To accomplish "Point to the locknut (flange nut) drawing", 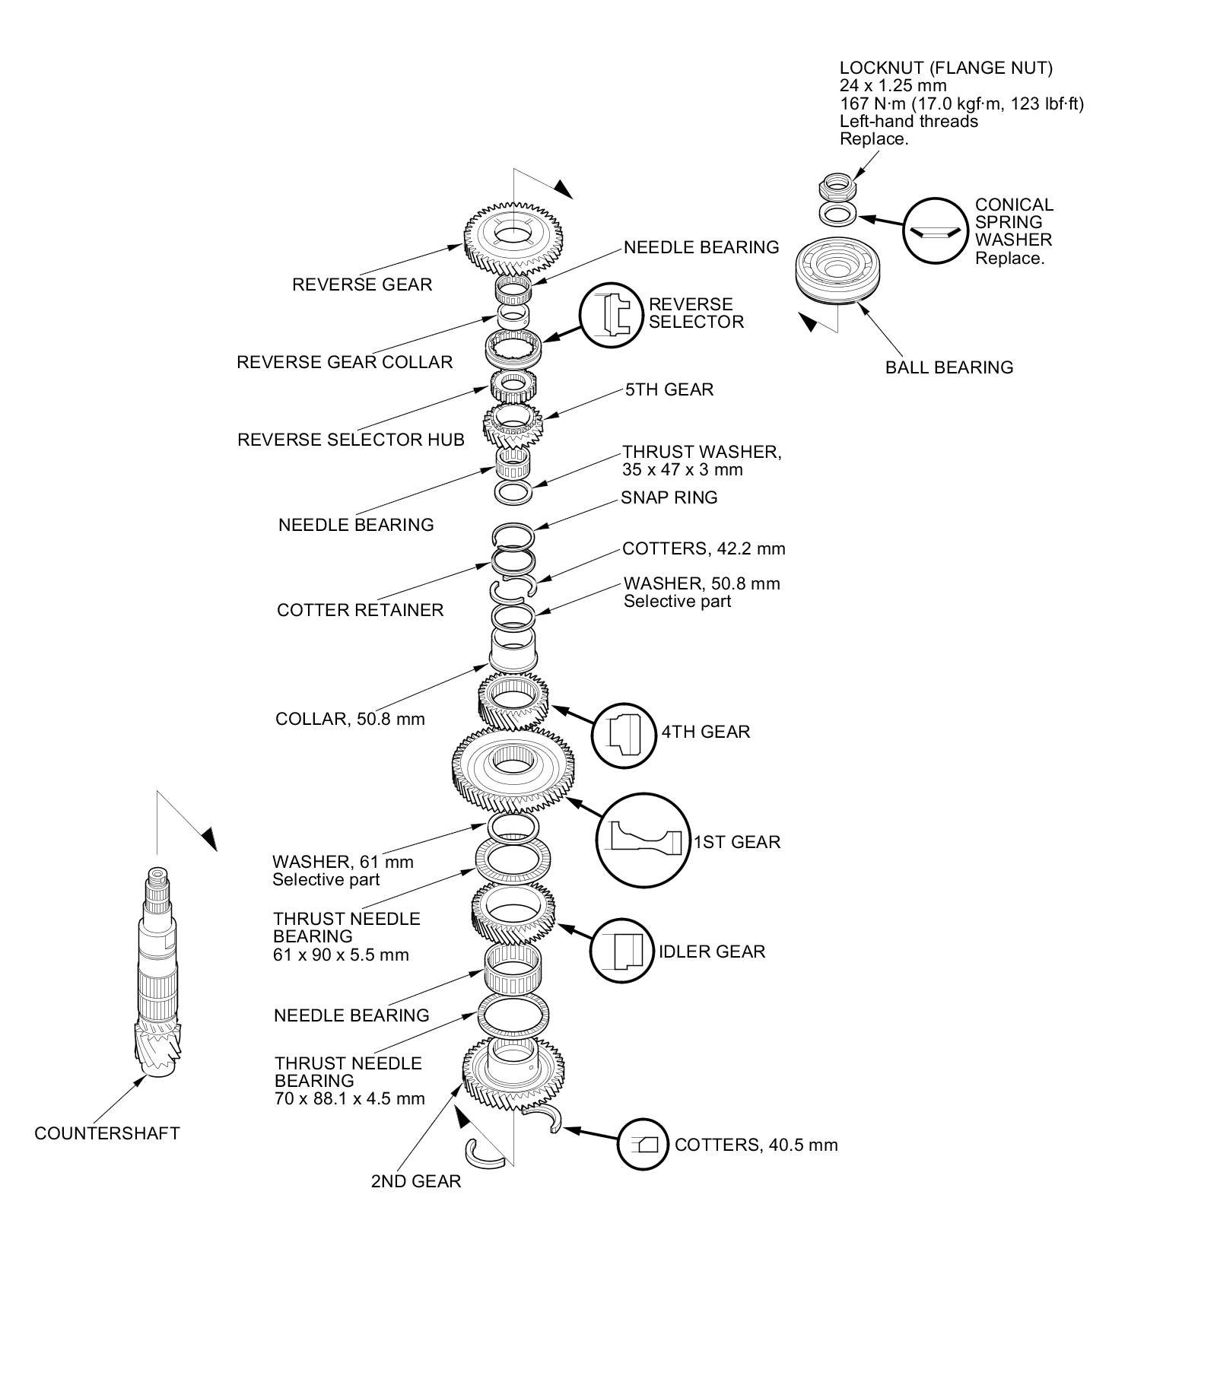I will (x=837, y=185).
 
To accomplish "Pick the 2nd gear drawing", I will (x=513, y=1072).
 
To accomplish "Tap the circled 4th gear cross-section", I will (x=624, y=735).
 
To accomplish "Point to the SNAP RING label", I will (x=669, y=497).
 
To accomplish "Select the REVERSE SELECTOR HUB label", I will (x=351, y=440).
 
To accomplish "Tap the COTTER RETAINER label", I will (x=360, y=610).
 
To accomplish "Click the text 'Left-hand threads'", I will (x=908, y=121).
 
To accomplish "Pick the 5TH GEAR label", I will (x=669, y=389).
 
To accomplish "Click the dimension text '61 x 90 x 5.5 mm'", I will (x=341, y=955).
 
